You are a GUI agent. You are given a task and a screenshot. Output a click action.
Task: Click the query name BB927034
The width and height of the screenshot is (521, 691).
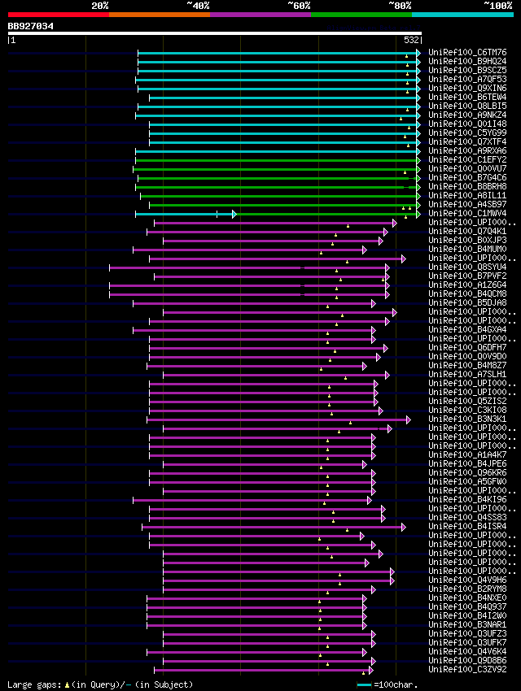coord(31,26)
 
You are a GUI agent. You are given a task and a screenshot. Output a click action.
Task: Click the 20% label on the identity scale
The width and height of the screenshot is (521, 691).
coord(100,6)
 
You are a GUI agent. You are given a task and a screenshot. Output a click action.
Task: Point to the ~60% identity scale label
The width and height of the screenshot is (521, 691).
coord(299,6)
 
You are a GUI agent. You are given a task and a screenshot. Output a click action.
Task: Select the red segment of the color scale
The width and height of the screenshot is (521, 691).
coord(58,15)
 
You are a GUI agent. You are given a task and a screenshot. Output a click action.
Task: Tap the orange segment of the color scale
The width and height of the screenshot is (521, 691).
coord(159,15)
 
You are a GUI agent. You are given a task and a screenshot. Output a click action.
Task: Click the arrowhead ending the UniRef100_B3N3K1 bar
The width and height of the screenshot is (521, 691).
coord(409,419)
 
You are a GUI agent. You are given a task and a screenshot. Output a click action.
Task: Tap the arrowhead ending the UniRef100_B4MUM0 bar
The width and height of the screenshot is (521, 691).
coord(375,250)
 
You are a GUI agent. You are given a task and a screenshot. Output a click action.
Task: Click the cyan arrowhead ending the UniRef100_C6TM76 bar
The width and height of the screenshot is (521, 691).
coord(418,53)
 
